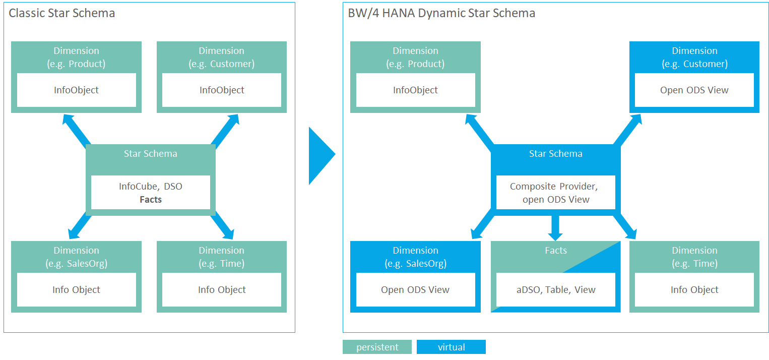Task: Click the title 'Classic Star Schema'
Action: coord(61,13)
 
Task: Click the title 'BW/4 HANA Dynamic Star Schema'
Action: coord(441,13)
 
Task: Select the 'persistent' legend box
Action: coord(377,347)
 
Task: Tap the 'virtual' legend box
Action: coord(451,347)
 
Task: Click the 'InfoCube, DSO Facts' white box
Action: coord(151,192)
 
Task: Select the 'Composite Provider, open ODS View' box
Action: coord(555,192)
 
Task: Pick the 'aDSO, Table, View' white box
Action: coord(555,289)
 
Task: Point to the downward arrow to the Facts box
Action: coord(555,228)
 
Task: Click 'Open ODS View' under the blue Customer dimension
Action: coord(694,90)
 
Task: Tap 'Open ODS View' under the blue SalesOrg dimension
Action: coord(415,289)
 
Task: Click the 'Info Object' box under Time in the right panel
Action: coord(694,289)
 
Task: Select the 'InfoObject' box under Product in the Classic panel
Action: coord(77,90)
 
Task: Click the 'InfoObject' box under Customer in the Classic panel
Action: coord(222,90)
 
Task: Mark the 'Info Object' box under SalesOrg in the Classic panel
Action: coord(77,289)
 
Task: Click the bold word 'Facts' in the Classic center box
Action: coord(151,199)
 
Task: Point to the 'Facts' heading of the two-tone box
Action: coord(555,250)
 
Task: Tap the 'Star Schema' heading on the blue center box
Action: coord(555,153)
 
